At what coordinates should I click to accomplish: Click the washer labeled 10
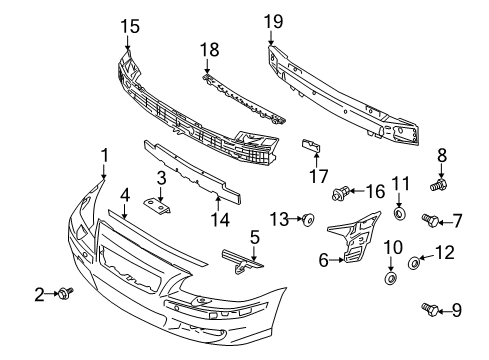click(x=391, y=273)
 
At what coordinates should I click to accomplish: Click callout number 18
click(x=208, y=49)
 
